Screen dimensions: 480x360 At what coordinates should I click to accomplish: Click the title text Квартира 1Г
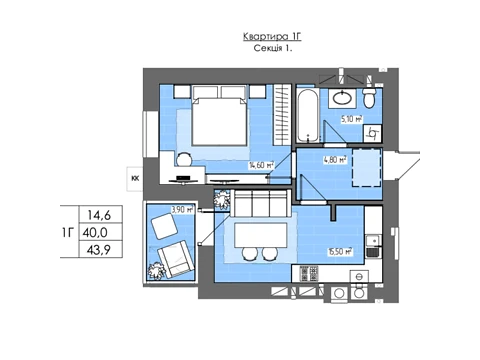coord(272,36)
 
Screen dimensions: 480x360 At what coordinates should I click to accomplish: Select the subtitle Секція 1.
coord(273,48)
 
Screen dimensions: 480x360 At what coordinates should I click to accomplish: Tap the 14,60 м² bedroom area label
coord(262,164)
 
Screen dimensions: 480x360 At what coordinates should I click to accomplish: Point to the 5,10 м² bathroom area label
coord(352,119)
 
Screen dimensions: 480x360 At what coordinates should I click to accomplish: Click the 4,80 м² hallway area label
coord(335,160)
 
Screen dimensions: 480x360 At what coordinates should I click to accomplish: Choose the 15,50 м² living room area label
coord(340,252)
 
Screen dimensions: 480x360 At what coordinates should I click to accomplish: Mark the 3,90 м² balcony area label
coord(182,210)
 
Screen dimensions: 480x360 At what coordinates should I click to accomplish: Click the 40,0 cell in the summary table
coord(95,232)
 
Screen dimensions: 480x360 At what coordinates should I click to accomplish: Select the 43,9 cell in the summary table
coord(99,249)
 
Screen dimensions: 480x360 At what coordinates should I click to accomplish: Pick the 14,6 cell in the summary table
coord(99,215)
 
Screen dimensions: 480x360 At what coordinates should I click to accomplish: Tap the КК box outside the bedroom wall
coord(135,179)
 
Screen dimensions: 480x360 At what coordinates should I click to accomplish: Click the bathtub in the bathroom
coord(308,116)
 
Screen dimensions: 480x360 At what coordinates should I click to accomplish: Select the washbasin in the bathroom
coord(342,98)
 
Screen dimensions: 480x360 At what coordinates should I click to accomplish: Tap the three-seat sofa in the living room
coord(259,203)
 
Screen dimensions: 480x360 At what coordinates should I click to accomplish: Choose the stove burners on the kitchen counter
coord(310,274)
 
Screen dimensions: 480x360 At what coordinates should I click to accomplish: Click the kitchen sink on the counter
coord(373,246)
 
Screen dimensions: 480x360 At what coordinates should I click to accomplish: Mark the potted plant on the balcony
coord(157,271)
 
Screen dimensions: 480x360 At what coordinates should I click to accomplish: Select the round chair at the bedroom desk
coord(184,159)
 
